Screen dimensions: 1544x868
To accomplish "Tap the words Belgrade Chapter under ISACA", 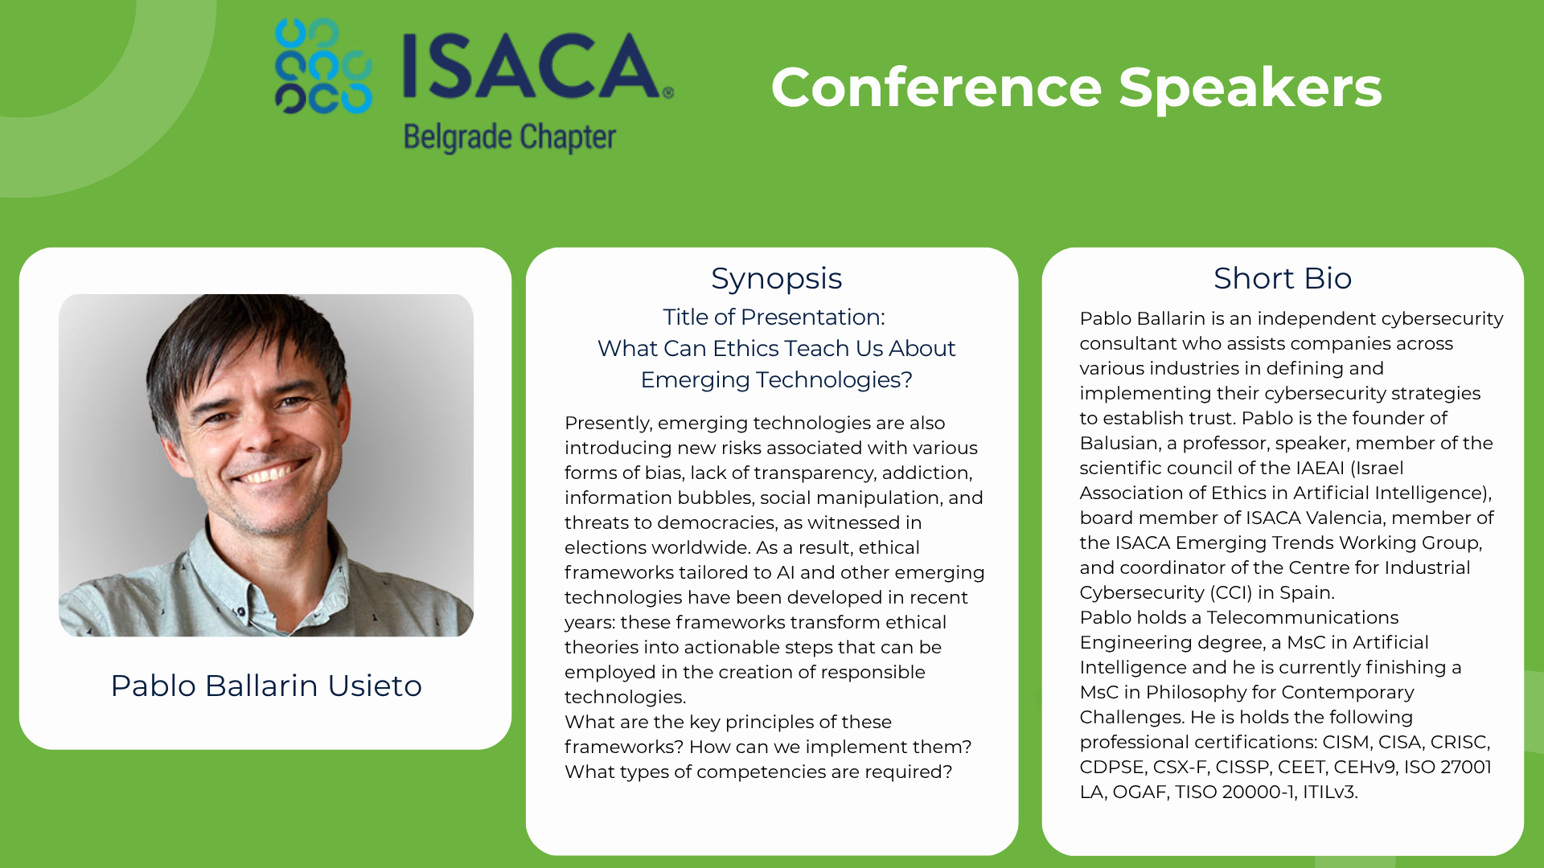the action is [510, 137].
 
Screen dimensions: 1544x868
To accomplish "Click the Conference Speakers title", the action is [1076, 87].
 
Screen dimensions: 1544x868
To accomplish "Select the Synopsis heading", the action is [776, 279].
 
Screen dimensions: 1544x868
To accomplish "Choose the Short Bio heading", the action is [1283, 278].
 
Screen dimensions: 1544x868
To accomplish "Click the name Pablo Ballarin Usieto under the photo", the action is [266, 686].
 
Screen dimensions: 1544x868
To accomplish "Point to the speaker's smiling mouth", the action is [271, 472].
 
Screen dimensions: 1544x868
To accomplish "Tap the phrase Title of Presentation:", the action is [774, 317].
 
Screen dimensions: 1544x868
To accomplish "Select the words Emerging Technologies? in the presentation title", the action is [776, 379].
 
